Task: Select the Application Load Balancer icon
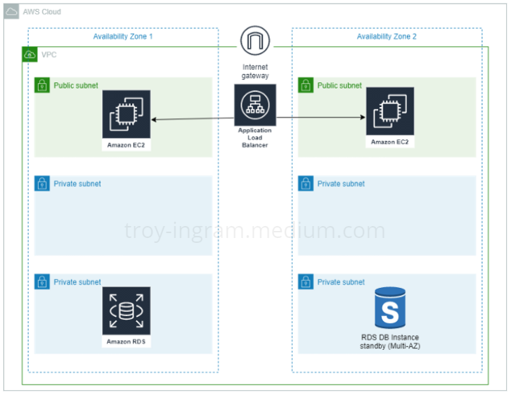254,105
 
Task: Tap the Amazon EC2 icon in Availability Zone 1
127,114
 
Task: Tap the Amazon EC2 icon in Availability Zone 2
389,111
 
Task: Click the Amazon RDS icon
127,311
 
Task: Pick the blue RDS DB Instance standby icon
389,307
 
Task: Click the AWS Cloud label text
42,12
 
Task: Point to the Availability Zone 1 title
123,37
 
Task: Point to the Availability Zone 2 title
387,37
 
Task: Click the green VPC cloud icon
30,54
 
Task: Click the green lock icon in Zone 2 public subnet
306,85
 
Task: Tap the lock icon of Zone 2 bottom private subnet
306,282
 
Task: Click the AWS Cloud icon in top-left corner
13,12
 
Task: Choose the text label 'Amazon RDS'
127,341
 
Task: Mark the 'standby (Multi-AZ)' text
389,346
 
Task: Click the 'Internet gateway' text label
254,71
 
